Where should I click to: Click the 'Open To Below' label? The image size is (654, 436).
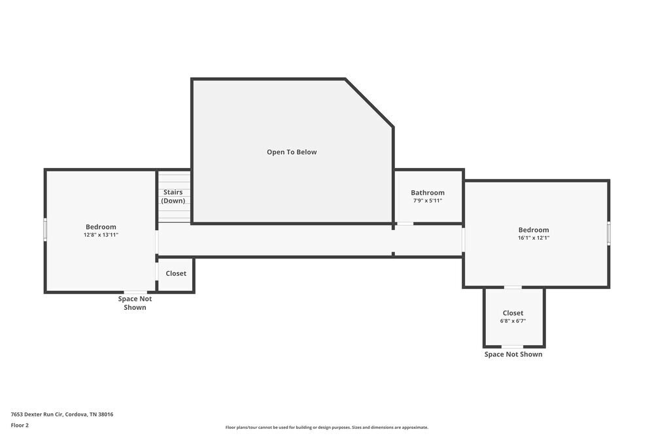pyautogui.click(x=292, y=152)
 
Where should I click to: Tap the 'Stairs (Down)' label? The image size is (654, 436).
pyautogui.click(x=173, y=197)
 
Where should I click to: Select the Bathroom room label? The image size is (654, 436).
pyautogui.click(x=428, y=193)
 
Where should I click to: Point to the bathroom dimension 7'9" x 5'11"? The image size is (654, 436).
pyautogui.click(x=428, y=201)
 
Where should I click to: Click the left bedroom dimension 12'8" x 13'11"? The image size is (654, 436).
pyautogui.click(x=101, y=235)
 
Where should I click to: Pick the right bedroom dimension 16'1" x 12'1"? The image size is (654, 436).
pyautogui.click(x=534, y=238)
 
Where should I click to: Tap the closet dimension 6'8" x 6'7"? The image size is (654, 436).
pyautogui.click(x=513, y=321)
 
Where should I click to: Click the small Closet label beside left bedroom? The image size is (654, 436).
pyautogui.click(x=175, y=274)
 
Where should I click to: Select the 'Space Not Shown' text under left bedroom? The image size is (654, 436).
pyautogui.click(x=135, y=303)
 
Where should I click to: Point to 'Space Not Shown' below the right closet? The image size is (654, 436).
pyautogui.click(x=513, y=354)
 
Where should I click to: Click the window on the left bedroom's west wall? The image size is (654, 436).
pyautogui.click(x=45, y=229)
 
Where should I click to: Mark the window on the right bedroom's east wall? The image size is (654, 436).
pyautogui.click(x=608, y=233)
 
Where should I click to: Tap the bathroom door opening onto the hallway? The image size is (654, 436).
pyautogui.click(x=405, y=224)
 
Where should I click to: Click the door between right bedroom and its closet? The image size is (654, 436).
pyautogui.click(x=513, y=287)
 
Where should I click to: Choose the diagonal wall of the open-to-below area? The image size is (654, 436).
pyautogui.click(x=370, y=102)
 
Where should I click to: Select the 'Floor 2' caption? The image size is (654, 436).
pyautogui.click(x=20, y=425)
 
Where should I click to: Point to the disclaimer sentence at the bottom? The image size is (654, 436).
pyautogui.click(x=327, y=428)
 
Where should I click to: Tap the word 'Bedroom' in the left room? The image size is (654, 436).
pyautogui.click(x=101, y=227)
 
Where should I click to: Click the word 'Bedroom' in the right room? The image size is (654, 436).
pyautogui.click(x=534, y=230)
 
